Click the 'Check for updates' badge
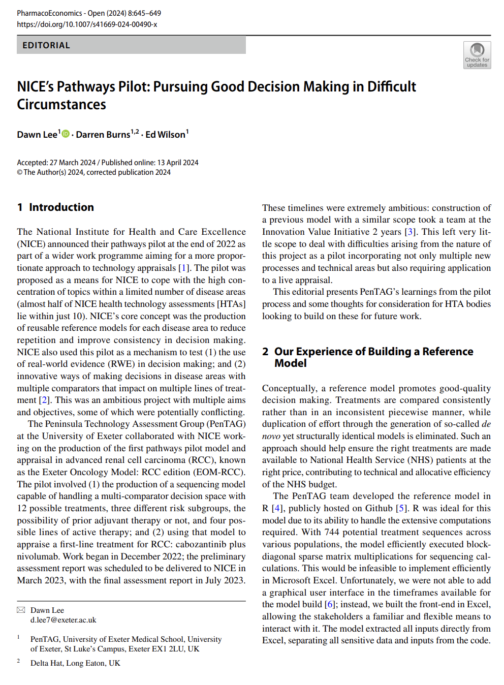pyautogui.click(x=477, y=55)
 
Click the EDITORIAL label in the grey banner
pyautogui.click(x=46, y=45)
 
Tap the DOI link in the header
pyautogui.click(x=87, y=24)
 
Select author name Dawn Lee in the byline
pyautogui.click(x=37, y=135)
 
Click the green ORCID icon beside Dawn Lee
pyautogui.click(x=66, y=134)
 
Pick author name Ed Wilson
pyautogui.click(x=165, y=135)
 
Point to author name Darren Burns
pyautogui.click(x=103, y=135)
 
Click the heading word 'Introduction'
pyautogui.click(x=61, y=207)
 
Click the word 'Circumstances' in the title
pyautogui.click(x=61, y=105)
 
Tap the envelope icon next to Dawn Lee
pyautogui.click(x=21, y=610)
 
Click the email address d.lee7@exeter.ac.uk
pyautogui.click(x=63, y=620)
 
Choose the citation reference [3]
pyautogui.click(x=409, y=232)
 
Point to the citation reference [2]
pyautogui.click(x=44, y=400)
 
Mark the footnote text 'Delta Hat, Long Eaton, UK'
pyautogui.click(x=75, y=663)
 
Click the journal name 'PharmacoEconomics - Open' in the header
pyautogui.click(x=49, y=13)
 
